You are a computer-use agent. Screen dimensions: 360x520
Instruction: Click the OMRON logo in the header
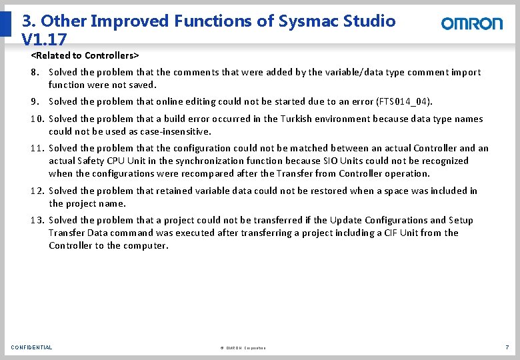pos(472,24)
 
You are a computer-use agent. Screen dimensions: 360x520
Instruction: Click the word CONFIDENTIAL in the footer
pos(31,347)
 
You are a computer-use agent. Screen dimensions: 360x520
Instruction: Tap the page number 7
pos(507,347)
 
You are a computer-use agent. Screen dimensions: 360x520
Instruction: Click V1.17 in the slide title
pos(44,40)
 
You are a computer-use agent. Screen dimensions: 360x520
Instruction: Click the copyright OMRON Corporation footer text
pos(243,348)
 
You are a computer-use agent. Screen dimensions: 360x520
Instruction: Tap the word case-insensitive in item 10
pos(173,132)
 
